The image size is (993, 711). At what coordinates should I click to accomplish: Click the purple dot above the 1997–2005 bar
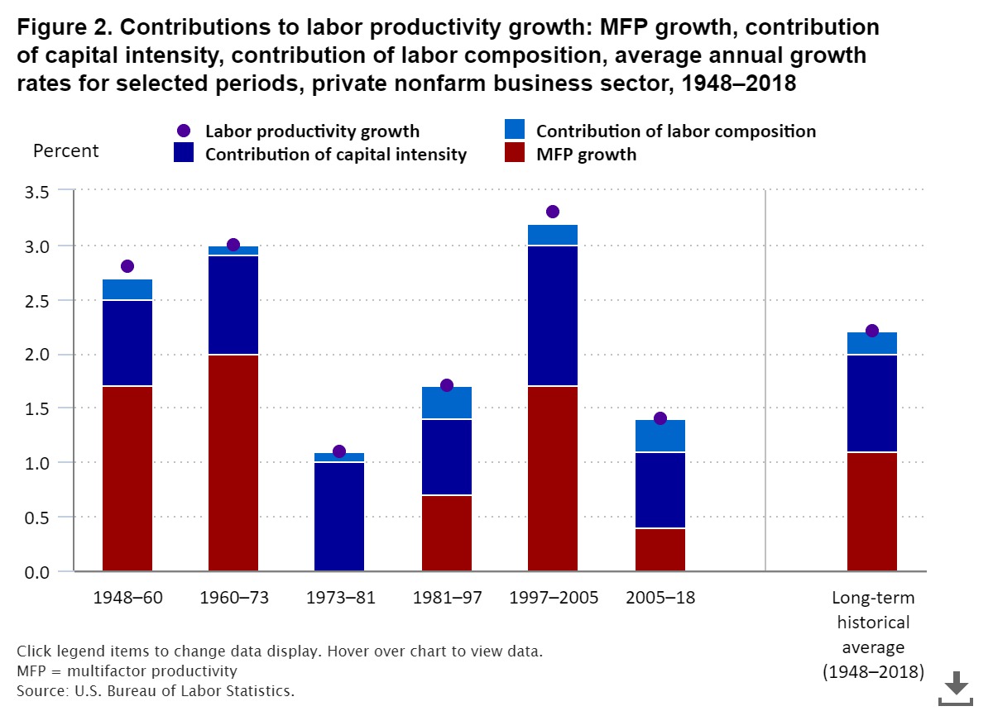[x=553, y=212]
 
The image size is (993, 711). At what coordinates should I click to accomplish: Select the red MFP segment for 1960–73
[x=233, y=463]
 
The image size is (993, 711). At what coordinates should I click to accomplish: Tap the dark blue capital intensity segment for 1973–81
[x=340, y=517]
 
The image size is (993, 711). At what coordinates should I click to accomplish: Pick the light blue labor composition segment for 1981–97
[x=447, y=403]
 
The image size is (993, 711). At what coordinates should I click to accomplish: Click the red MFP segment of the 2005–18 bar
[x=660, y=550]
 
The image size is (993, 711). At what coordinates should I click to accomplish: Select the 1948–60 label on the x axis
[x=127, y=598]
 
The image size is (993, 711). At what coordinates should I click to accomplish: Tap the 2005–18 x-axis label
[x=660, y=598]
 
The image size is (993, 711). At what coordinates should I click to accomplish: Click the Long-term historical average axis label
[x=872, y=634]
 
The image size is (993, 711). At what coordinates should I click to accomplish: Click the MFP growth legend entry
[x=586, y=154]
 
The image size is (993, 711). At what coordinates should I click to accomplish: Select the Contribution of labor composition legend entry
[x=675, y=131]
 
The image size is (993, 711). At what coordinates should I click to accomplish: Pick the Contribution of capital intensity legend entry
[x=335, y=154]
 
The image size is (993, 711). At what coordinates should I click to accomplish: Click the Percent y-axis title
[x=65, y=151]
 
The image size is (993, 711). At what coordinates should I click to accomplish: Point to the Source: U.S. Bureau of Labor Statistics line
[x=156, y=690]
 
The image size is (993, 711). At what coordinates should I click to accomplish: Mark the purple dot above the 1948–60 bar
[x=127, y=266]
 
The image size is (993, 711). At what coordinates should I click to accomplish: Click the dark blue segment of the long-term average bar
[x=872, y=403]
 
